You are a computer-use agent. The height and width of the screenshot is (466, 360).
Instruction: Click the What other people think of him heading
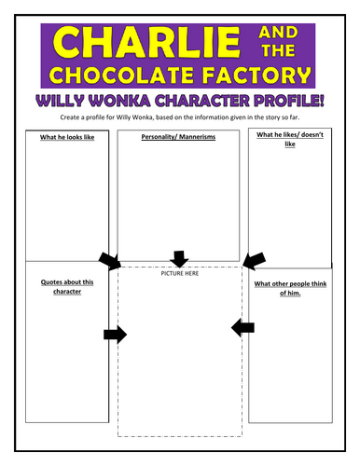(x=288, y=288)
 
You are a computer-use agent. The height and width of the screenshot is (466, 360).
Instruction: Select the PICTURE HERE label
(x=180, y=273)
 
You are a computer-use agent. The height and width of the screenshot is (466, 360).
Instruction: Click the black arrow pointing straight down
(x=180, y=257)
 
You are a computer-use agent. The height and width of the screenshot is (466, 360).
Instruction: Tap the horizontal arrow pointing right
(x=115, y=335)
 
